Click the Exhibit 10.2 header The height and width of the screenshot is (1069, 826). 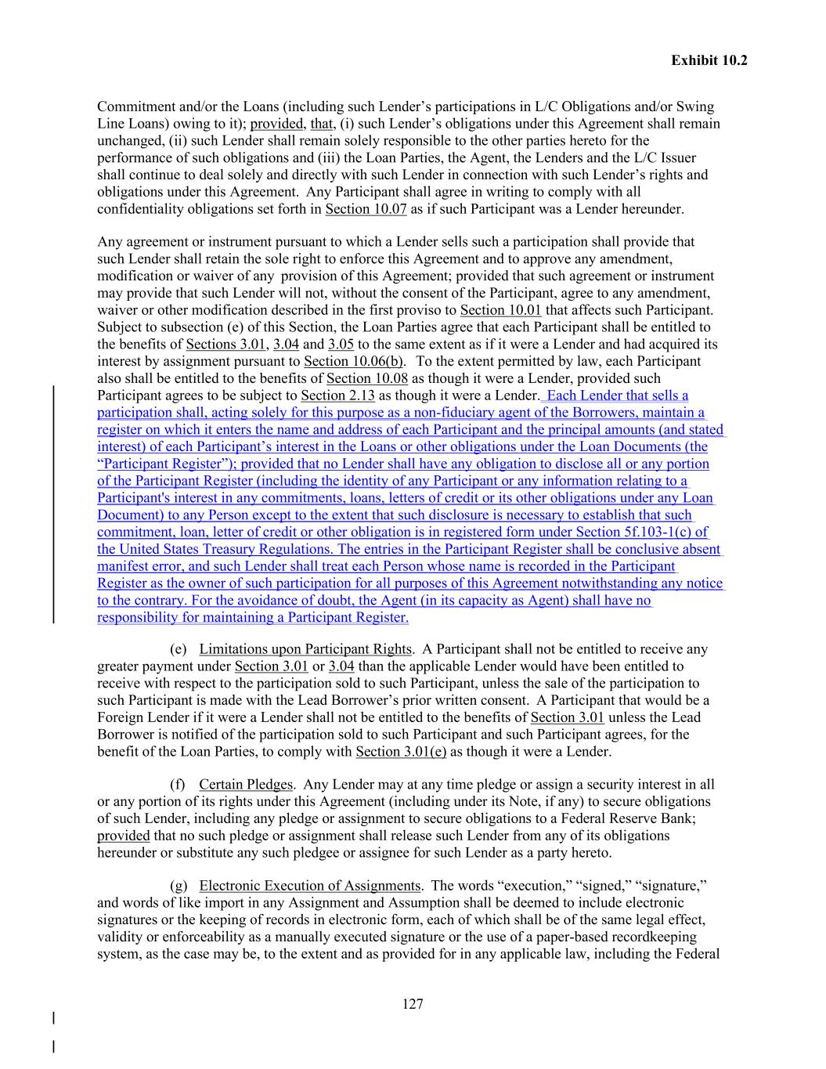point(709,60)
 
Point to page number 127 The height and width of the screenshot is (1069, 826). point(413,1004)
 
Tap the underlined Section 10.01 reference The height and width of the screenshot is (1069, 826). point(500,310)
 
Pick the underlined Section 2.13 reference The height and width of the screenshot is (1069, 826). point(337,395)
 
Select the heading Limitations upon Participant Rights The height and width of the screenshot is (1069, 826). point(305,649)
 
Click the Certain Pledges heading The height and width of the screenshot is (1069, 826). point(246,785)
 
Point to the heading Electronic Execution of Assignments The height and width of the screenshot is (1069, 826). point(310,886)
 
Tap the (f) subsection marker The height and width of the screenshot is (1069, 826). point(178,785)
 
